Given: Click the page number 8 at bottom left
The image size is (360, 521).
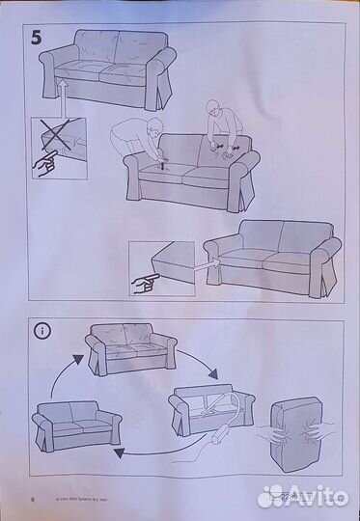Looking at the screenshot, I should (x=34, y=501).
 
